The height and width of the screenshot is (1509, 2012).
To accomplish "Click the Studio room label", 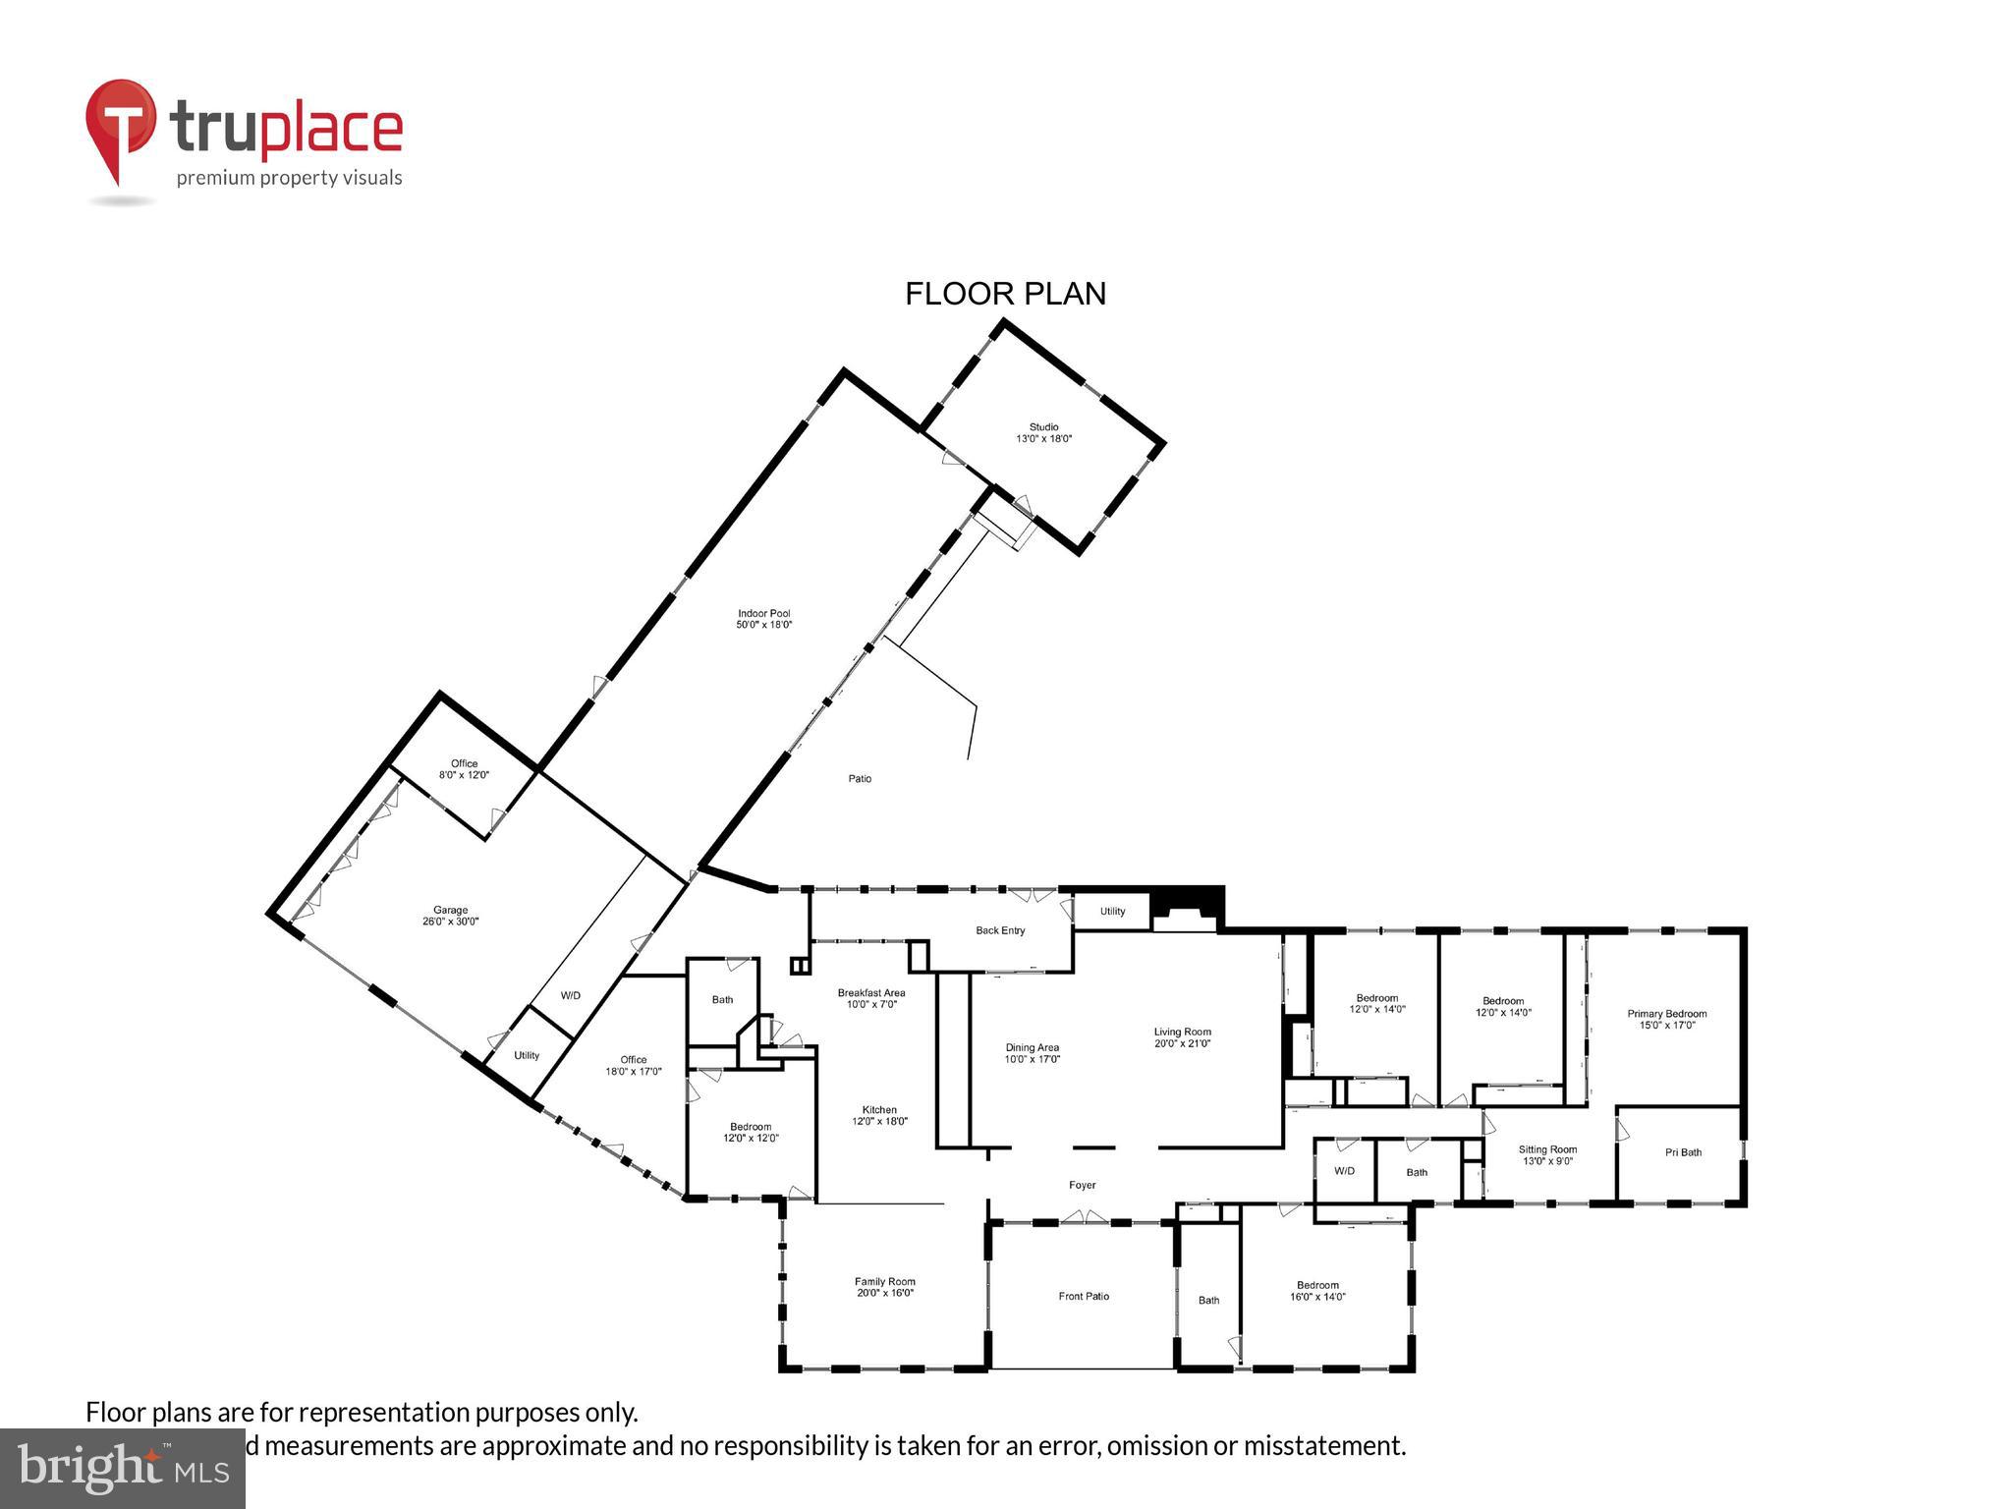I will point(1043,427).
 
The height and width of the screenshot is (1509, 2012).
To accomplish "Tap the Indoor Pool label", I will point(764,614).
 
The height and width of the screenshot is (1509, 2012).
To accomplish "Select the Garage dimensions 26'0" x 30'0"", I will point(451,922).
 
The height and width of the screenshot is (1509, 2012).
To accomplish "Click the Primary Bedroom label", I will point(1666,1014).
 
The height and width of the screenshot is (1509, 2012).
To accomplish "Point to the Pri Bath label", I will point(1683,1152).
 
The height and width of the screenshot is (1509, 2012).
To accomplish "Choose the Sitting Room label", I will point(1547,1149).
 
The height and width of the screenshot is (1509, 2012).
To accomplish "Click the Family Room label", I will point(884,1281).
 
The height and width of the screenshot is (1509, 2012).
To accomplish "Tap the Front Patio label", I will point(1084,1296).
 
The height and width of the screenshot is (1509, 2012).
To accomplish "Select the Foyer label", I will point(1082,1185).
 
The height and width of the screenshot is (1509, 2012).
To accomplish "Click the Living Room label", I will point(1182,1032).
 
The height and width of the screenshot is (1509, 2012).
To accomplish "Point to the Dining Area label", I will point(1032,1047).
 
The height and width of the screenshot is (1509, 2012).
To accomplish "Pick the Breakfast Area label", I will point(871,992).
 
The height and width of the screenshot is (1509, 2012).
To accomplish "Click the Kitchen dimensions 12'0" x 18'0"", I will point(879,1121).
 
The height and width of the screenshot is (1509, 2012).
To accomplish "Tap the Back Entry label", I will point(1000,930).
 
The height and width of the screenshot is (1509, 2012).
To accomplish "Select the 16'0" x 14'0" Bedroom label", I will point(1317,1285).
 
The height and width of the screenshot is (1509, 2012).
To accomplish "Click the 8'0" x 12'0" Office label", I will point(464,763).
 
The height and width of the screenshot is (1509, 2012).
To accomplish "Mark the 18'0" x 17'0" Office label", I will point(633,1059).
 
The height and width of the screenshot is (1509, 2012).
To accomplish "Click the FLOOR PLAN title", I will point(1005,294).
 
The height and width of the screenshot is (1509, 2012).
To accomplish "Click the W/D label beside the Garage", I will point(571,995).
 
